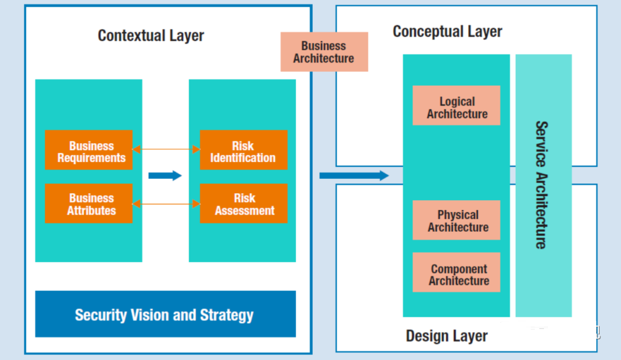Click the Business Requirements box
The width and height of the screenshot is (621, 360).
tap(89, 150)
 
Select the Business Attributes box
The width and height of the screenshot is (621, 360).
tap(89, 204)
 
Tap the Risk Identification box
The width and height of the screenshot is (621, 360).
tap(244, 150)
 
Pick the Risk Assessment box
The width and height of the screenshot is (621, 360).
tap(244, 204)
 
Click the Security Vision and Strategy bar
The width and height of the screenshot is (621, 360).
tap(166, 314)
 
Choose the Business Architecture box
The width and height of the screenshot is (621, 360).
tap(324, 52)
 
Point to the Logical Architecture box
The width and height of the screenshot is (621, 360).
tap(456, 105)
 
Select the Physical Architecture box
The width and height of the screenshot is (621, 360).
tap(456, 220)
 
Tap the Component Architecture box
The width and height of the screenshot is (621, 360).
tap(456, 273)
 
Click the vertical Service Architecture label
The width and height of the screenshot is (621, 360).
tap(542, 185)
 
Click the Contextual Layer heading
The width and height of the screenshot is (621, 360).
tap(151, 36)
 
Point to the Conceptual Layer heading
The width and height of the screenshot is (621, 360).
tap(447, 32)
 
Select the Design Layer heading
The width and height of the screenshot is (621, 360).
tap(447, 336)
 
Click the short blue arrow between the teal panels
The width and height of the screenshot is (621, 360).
tap(165, 175)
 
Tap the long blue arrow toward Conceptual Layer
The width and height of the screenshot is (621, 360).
tap(354, 175)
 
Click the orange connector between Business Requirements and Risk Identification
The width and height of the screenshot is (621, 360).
tap(166, 150)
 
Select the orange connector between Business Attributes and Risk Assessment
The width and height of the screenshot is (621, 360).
tap(166, 204)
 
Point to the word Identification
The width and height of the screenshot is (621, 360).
tap(243, 158)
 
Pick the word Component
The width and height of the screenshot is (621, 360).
tap(459, 269)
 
